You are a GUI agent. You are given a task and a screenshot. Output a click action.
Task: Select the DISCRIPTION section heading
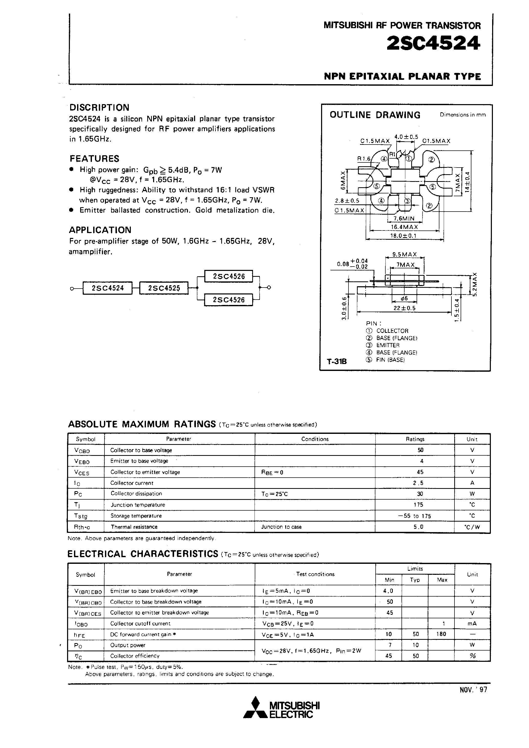click(99, 107)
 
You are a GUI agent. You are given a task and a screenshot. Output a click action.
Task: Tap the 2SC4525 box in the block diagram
click(164, 288)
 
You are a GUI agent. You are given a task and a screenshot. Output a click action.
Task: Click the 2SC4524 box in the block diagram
click(108, 288)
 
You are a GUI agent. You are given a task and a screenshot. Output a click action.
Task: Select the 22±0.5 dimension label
click(404, 308)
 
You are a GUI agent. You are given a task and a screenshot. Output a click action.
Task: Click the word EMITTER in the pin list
click(388, 345)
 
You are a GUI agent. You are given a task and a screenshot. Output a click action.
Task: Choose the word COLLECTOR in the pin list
click(392, 331)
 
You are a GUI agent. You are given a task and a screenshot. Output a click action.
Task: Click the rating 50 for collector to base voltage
click(420, 450)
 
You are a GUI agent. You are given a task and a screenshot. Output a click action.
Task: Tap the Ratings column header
click(415, 439)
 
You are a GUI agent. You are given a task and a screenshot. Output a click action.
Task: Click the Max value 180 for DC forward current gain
click(441, 634)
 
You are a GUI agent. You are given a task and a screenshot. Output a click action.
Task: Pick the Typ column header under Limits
click(415, 580)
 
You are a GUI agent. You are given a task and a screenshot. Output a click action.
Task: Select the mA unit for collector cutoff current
click(472, 623)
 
